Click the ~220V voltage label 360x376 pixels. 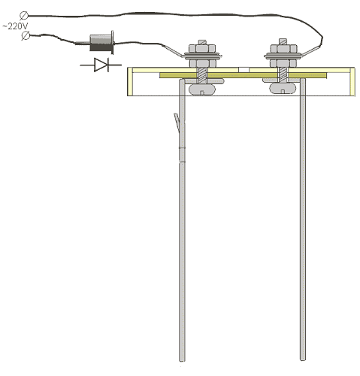click(15, 26)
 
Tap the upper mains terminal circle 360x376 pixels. click(24, 16)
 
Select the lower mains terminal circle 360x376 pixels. click(26, 35)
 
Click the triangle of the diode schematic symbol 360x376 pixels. click(101, 65)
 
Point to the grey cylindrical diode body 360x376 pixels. click(101, 43)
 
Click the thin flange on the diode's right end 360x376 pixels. click(113, 42)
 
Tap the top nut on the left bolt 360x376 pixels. click(202, 48)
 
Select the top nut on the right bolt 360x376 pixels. click(283, 48)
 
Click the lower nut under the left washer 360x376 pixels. click(202, 63)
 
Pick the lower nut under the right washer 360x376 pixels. click(283, 63)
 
